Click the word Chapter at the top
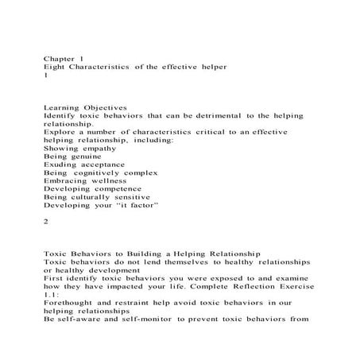coord(57,58)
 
